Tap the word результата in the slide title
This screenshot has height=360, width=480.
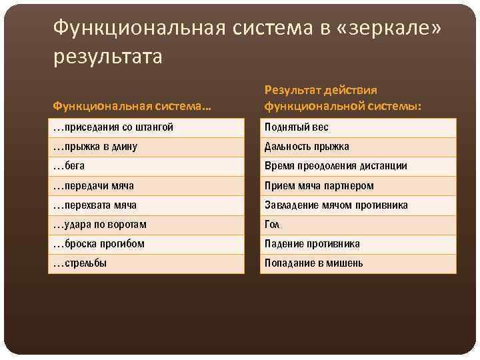tap(107, 56)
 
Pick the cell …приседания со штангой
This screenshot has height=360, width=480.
tap(113, 127)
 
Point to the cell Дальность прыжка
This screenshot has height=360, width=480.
tap(307, 147)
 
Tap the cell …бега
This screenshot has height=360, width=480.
tap(69, 166)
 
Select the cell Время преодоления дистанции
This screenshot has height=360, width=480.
tap(335, 166)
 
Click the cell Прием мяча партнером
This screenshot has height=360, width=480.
tap(319, 186)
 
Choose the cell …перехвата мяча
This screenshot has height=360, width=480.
tap(95, 205)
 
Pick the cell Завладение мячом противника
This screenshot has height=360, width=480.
tap(336, 205)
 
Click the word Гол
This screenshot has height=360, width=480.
tap(273, 225)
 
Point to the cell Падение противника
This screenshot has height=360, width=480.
tap(312, 244)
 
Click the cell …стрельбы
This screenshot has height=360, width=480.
tap(80, 263)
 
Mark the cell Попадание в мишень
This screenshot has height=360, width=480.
tap(313, 263)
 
